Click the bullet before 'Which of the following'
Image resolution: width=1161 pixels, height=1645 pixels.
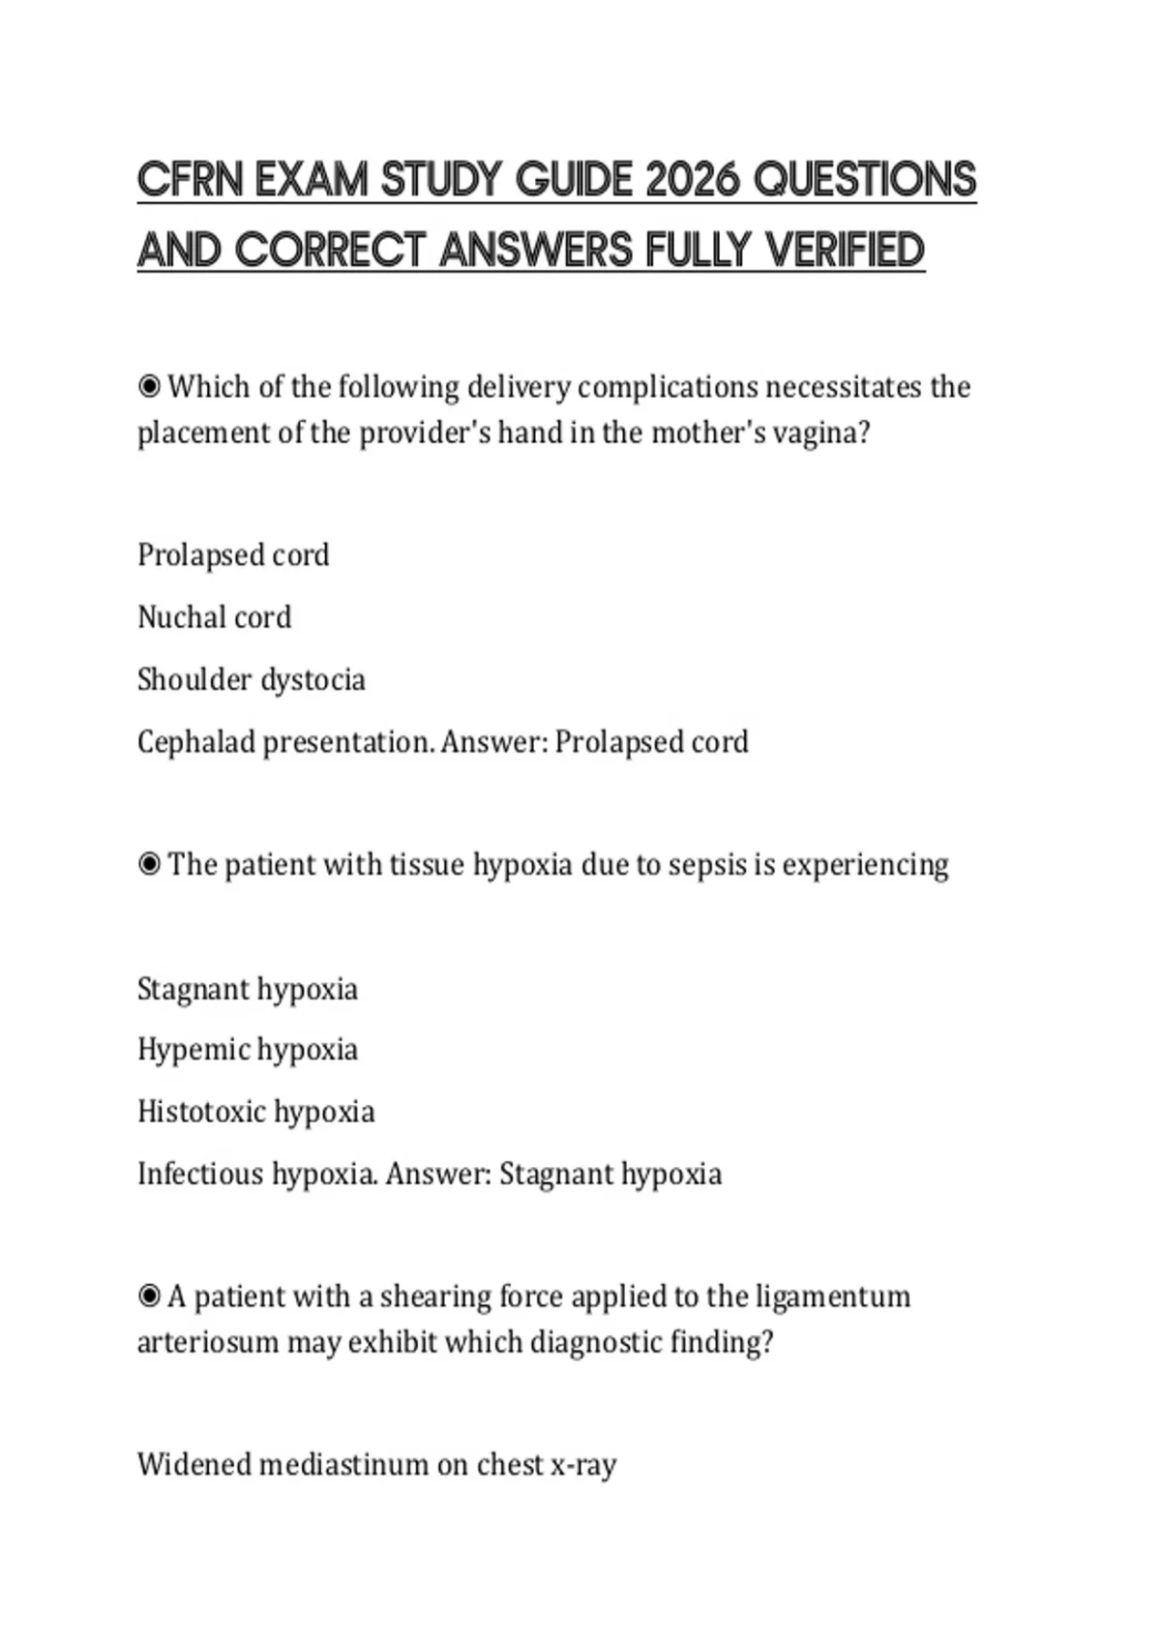click(x=149, y=387)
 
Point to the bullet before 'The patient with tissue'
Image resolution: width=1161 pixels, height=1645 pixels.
click(x=149, y=864)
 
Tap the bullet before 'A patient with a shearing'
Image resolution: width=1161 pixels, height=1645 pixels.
click(x=149, y=1296)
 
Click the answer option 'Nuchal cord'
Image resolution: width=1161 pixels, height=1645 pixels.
click(x=214, y=617)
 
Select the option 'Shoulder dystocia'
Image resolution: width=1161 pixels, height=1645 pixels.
click(x=251, y=679)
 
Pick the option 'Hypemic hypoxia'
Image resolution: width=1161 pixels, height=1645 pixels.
click(x=247, y=1049)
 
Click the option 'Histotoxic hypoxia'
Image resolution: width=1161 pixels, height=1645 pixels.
click(x=255, y=1111)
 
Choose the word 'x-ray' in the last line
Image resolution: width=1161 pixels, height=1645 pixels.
click(x=582, y=1465)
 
